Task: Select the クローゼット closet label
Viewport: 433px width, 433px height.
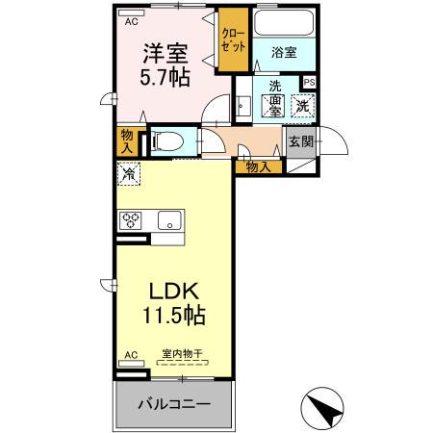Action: (232, 39)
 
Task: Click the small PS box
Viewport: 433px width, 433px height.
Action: (309, 83)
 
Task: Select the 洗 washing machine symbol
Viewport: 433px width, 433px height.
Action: (302, 106)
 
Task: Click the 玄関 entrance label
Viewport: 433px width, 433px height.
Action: (300, 142)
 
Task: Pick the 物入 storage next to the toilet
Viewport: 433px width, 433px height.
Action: (127, 141)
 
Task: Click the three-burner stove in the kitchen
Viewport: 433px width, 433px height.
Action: (131, 220)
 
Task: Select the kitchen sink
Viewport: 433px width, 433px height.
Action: (168, 220)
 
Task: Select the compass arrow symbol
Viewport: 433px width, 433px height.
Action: (327, 408)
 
